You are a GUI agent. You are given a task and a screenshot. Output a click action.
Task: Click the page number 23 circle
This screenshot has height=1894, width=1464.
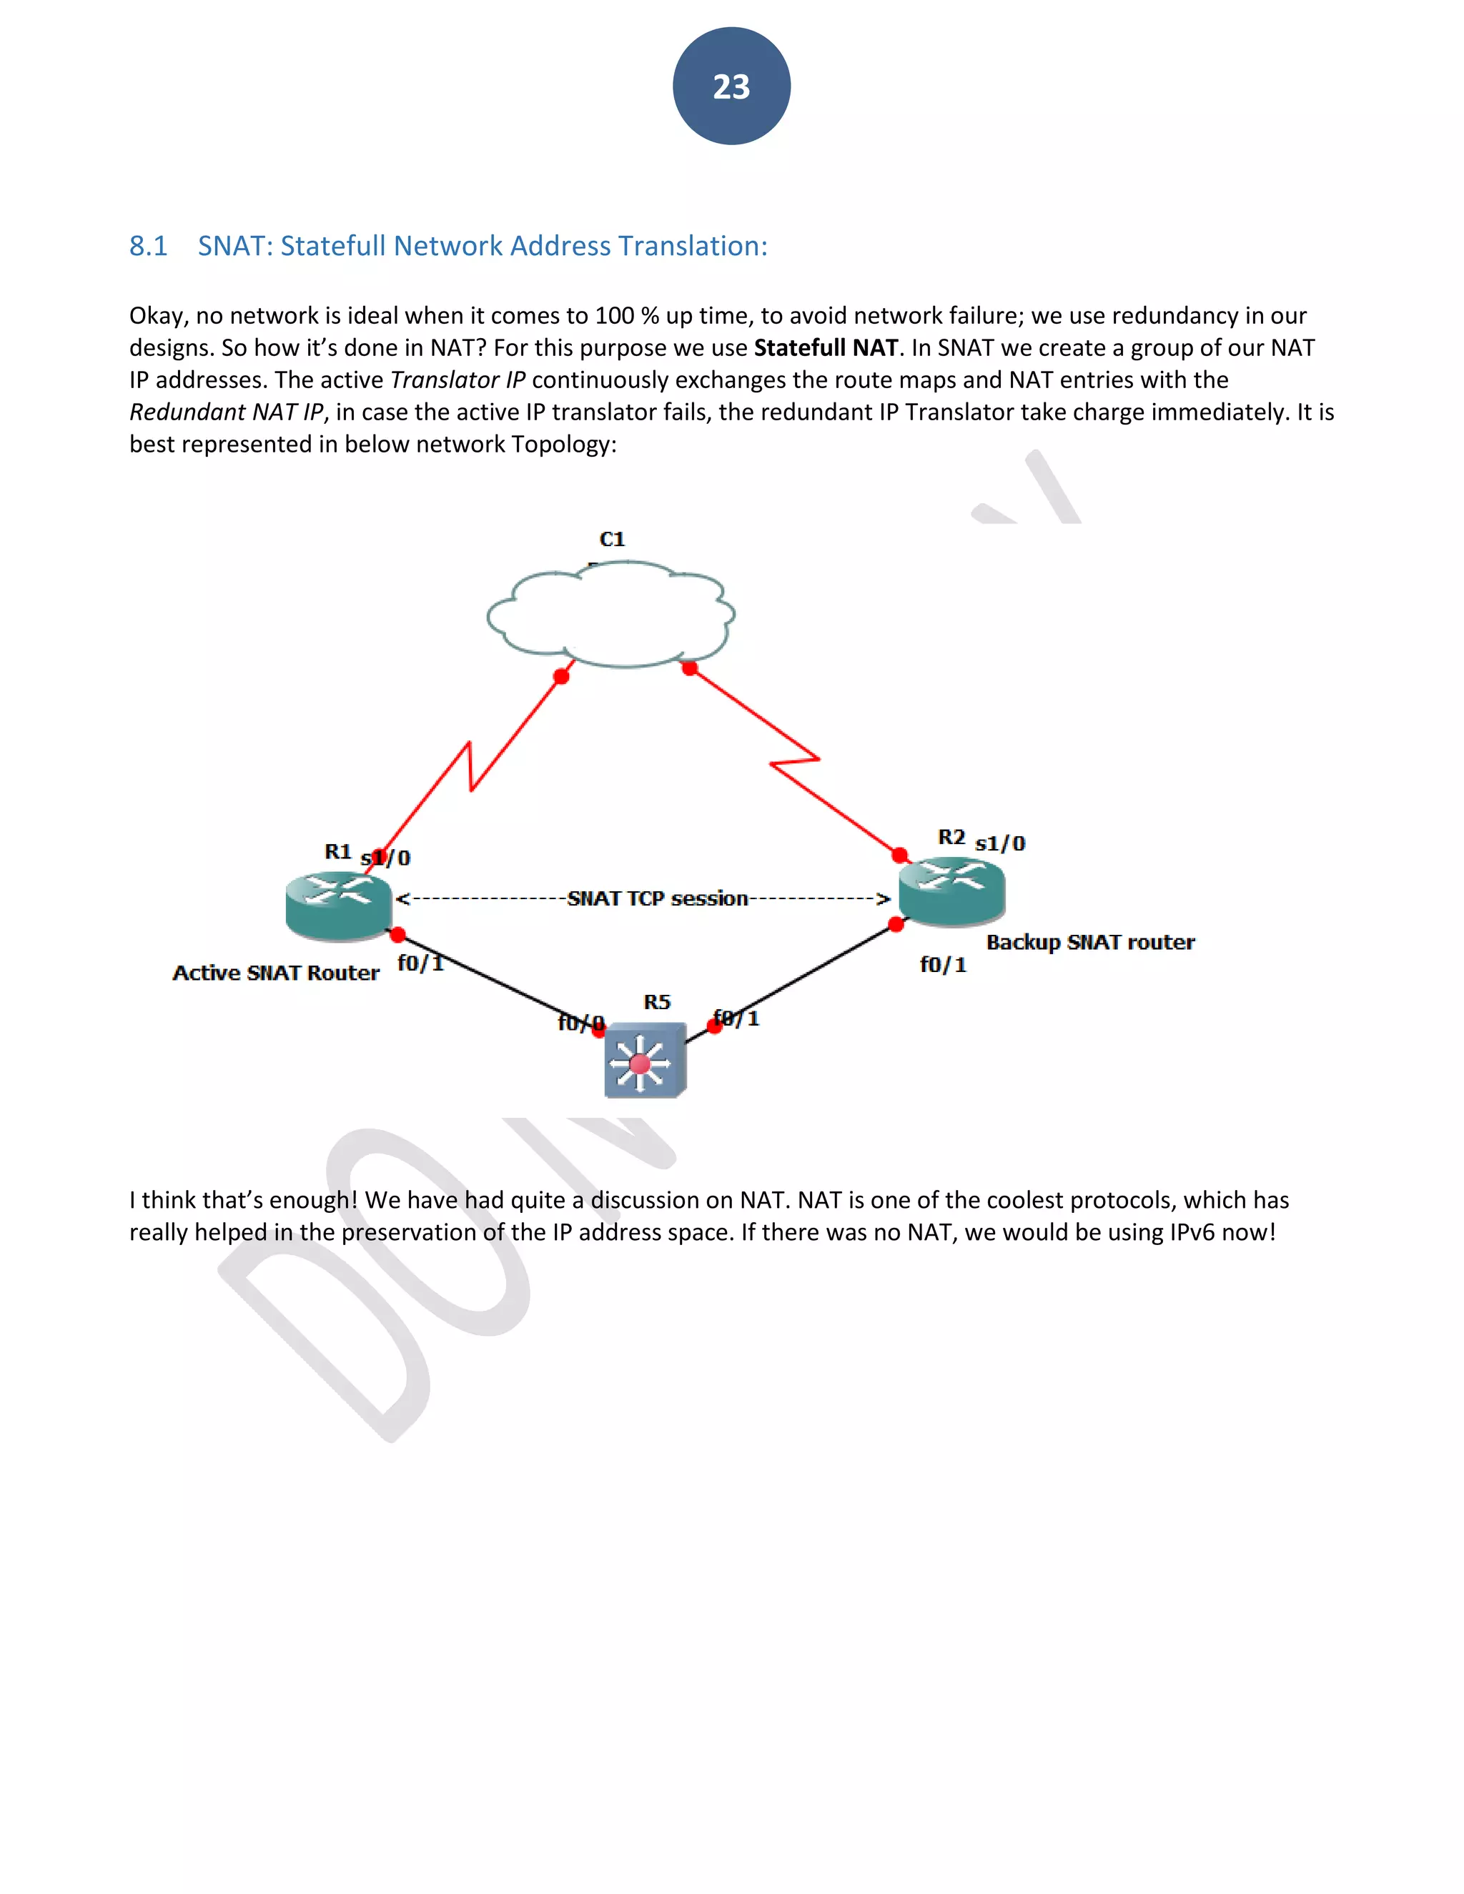pos(731,86)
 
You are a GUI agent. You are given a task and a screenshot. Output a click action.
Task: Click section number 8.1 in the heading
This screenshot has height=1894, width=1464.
pos(148,247)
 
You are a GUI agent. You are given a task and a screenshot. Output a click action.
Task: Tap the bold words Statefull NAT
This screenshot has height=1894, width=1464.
pos(825,348)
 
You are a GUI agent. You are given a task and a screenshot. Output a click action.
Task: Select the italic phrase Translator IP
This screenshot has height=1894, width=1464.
pos(457,380)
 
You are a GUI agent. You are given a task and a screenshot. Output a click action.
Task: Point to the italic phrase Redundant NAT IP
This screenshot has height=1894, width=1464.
pos(225,412)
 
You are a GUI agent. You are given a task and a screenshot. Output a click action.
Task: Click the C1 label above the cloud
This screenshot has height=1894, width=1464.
pos(611,540)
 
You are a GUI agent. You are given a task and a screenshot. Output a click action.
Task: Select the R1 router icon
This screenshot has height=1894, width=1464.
pos(338,906)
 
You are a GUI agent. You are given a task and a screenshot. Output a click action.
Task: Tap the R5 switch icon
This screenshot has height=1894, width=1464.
pos(644,1061)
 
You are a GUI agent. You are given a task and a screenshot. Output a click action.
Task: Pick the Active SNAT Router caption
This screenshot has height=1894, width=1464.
pos(276,973)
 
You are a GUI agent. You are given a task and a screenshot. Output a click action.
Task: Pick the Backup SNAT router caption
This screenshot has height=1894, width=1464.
pos(1090,943)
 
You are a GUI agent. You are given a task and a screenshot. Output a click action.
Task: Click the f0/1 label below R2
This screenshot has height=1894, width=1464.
pos(943,965)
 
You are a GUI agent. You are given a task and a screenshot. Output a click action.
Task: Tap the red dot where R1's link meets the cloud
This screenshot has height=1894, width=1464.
pos(561,676)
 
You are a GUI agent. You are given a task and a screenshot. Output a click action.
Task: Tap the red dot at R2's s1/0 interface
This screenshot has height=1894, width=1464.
pos(900,855)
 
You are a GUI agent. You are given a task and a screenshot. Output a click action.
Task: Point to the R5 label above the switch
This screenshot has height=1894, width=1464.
pos(656,1003)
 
